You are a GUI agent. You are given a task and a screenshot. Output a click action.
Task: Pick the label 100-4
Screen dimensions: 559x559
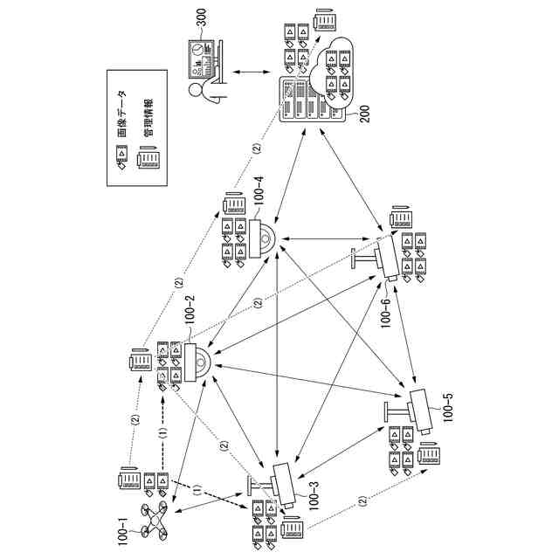coord(258,198)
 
